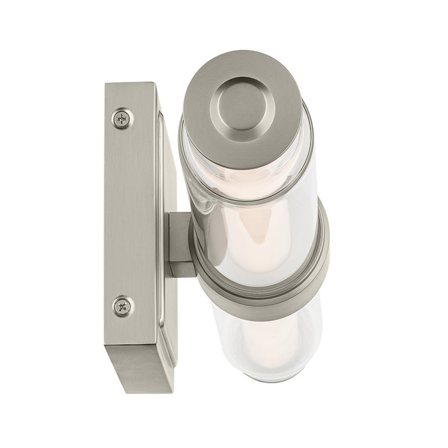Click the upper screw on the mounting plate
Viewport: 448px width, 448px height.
(124, 118)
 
